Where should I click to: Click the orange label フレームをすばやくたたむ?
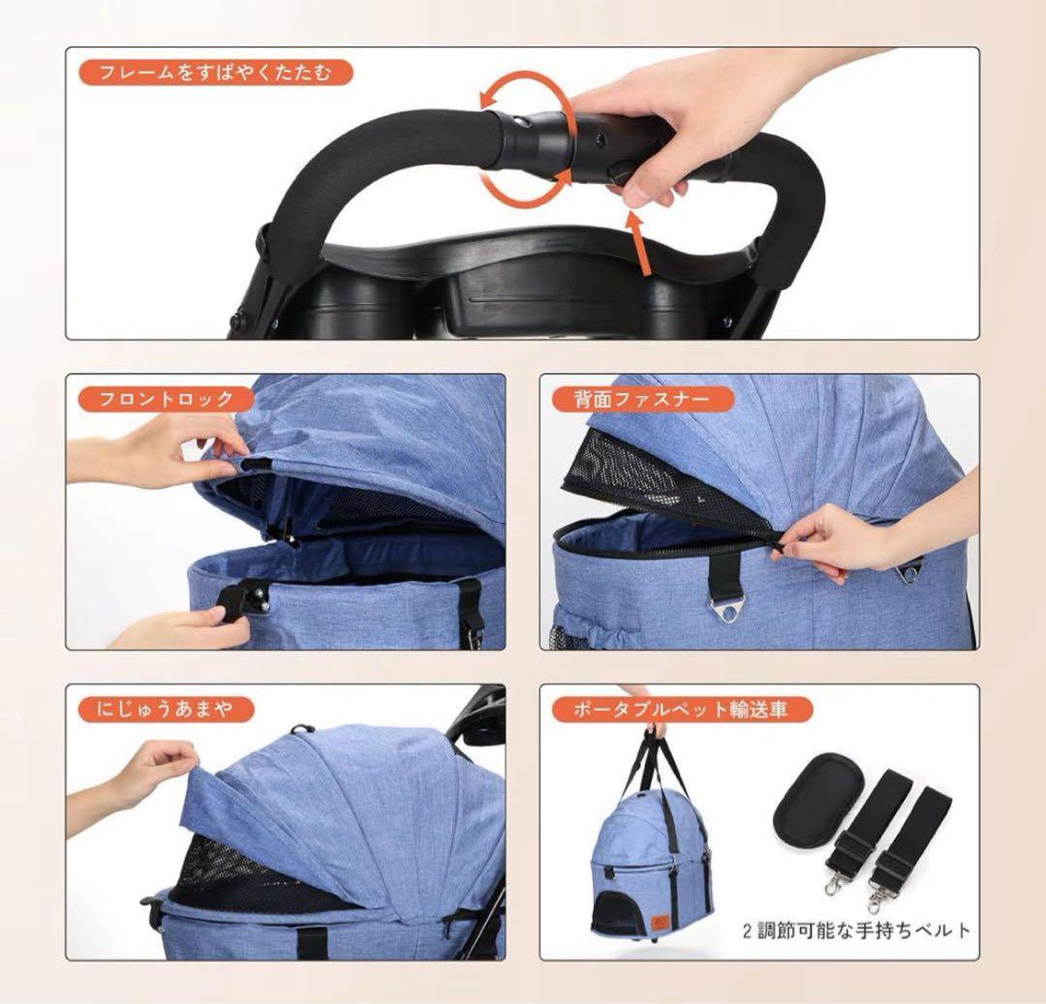coord(215,73)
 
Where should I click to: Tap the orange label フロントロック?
coord(167,399)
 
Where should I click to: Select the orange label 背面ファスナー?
coord(643,399)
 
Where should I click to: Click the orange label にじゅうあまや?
coord(167,710)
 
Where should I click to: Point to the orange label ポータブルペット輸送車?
coord(683,710)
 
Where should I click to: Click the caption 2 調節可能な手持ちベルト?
coord(856,930)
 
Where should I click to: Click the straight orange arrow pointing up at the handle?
coord(639,243)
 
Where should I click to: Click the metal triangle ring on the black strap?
coord(725,610)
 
